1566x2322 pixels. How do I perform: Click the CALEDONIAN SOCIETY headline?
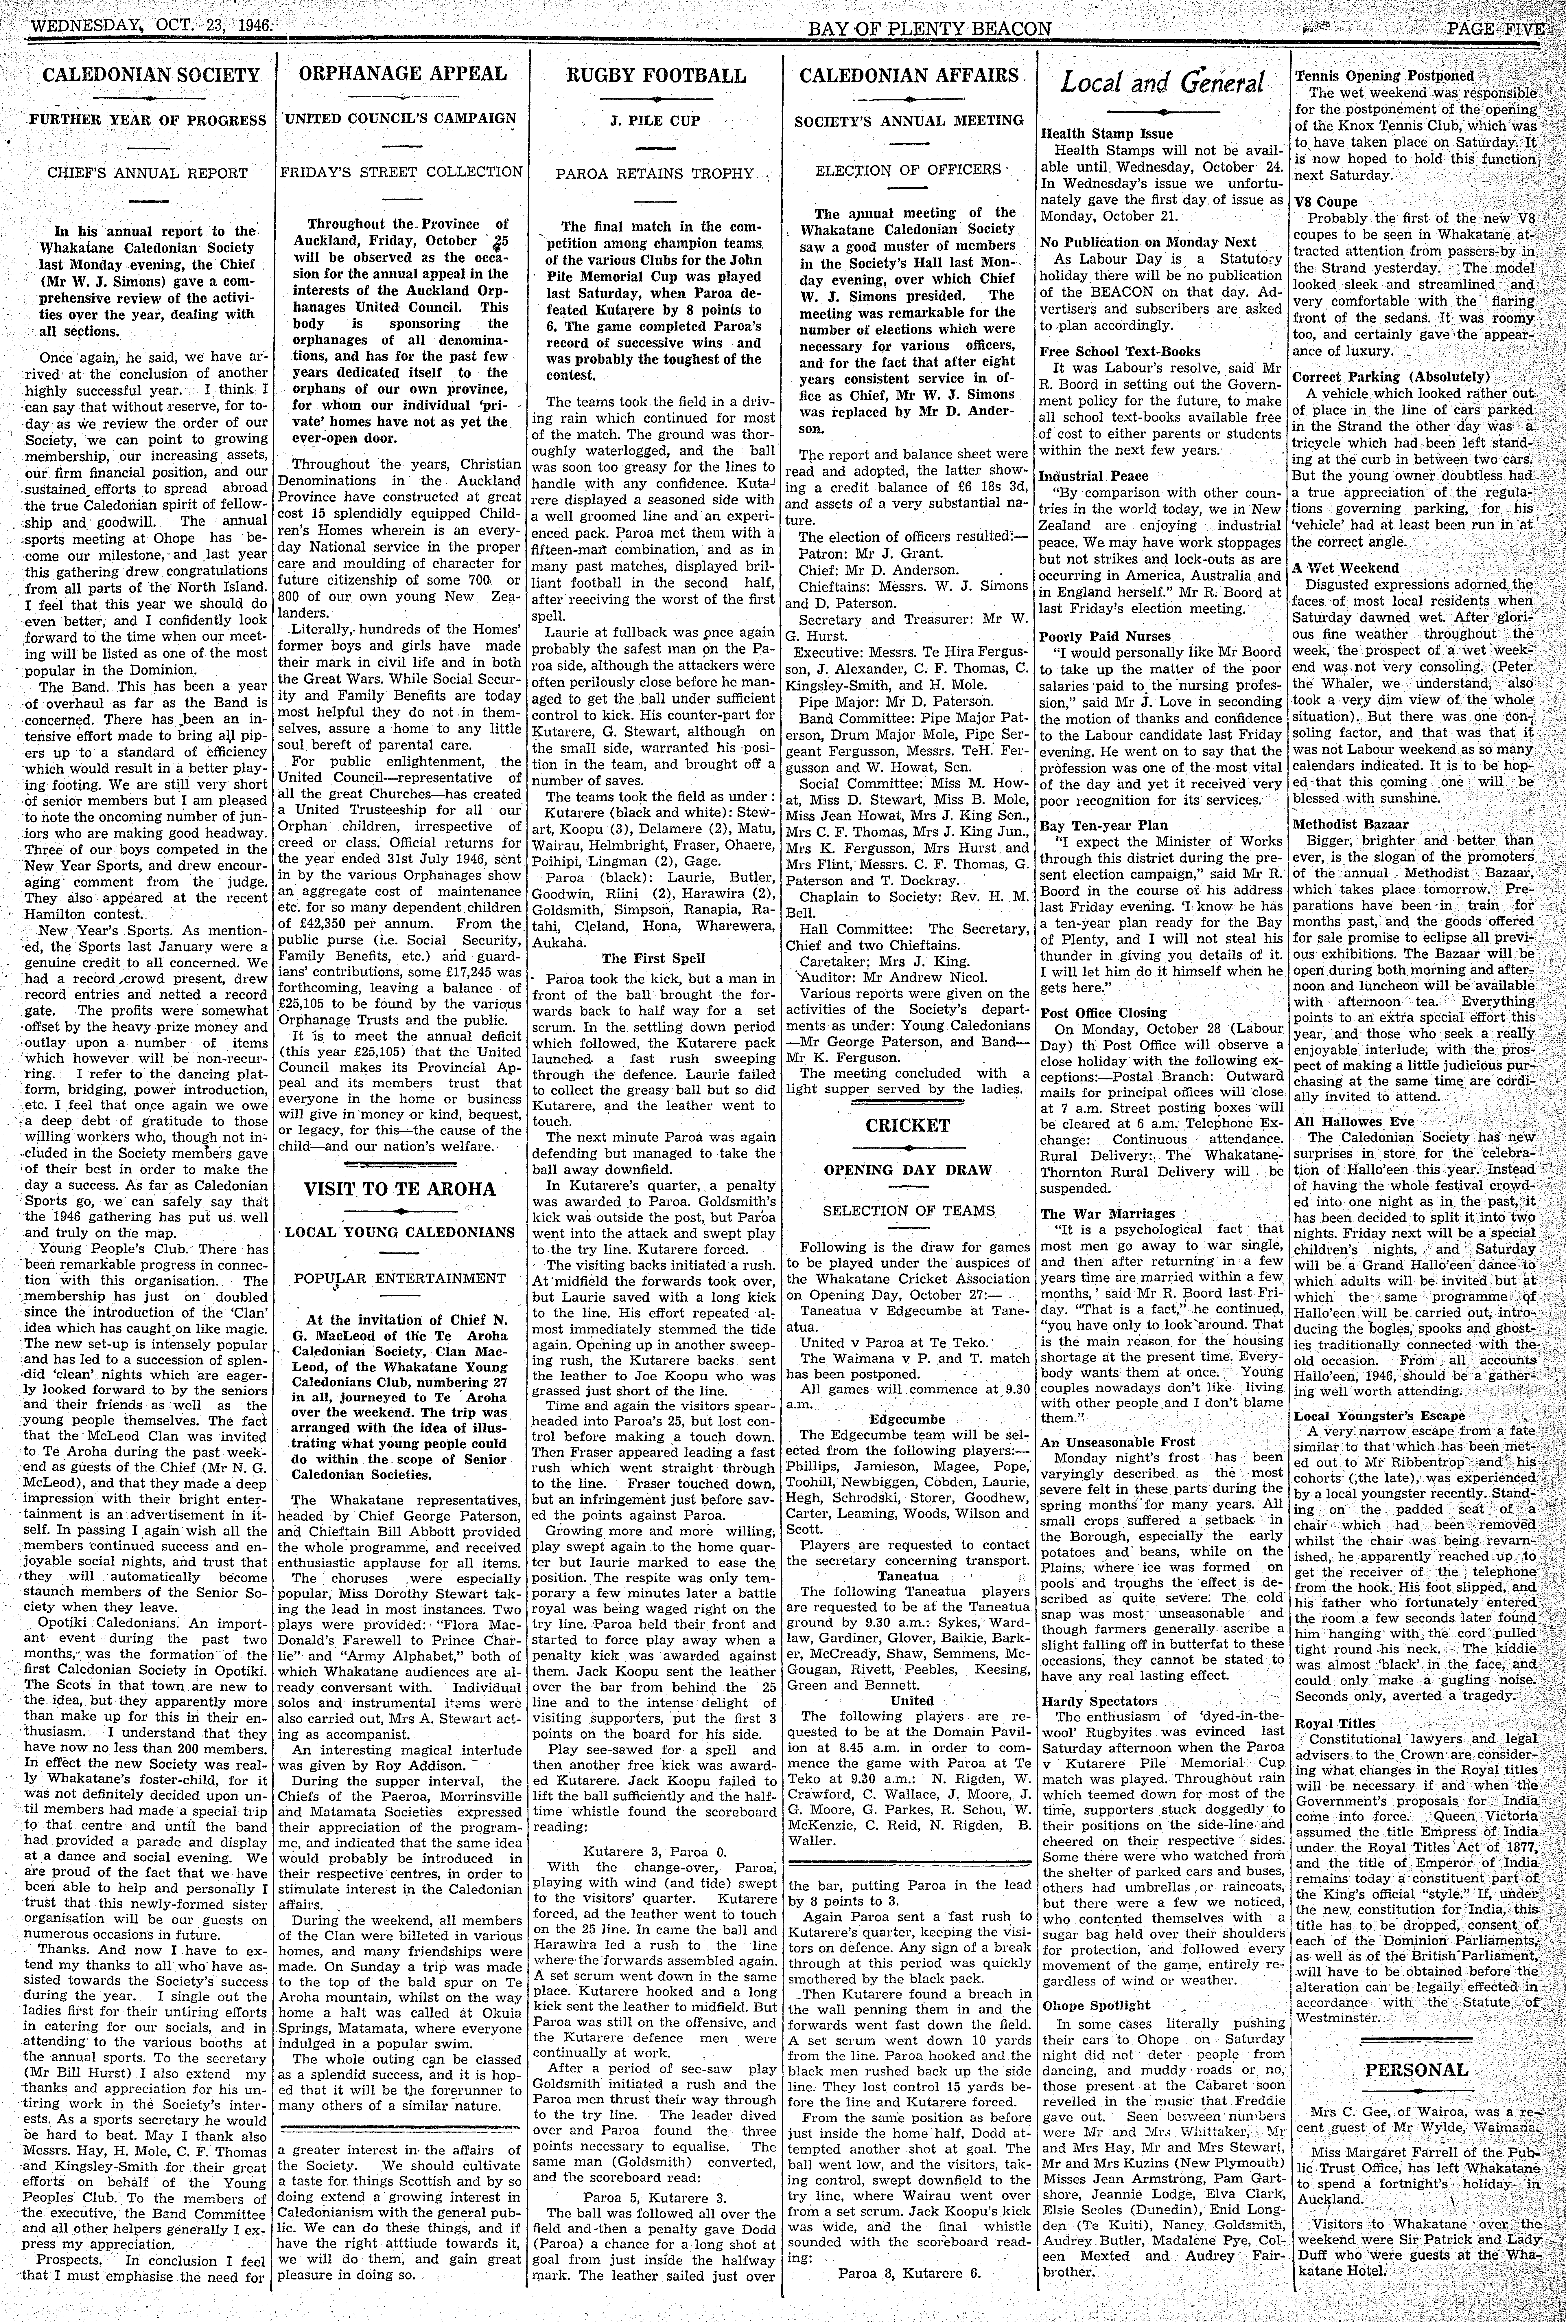(x=151, y=75)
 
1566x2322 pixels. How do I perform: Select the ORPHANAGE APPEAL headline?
(x=402, y=74)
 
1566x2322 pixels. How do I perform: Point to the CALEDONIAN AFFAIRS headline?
(x=909, y=75)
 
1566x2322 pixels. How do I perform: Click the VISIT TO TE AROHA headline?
(x=401, y=1189)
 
